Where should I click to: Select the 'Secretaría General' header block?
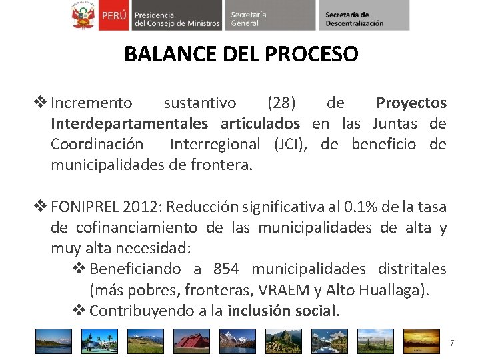point(267,15)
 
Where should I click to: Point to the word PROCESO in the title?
point(311,54)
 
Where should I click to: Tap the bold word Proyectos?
point(411,103)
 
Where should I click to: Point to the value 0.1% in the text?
point(359,207)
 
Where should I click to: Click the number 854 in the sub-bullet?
point(227,269)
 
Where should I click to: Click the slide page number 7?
point(452,343)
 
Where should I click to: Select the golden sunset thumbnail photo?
point(423,341)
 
